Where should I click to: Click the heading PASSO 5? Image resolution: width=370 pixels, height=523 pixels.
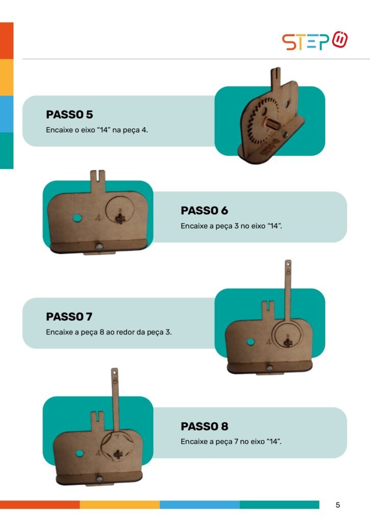tap(69, 114)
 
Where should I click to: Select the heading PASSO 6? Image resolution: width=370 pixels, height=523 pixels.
tap(204, 210)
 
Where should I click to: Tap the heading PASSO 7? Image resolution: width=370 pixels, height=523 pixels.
tap(69, 317)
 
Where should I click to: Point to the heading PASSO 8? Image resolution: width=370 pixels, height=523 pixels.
tap(204, 426)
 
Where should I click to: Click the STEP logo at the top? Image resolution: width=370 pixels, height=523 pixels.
tap(315, 41)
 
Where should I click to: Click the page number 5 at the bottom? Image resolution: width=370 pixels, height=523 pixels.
tap(338, 505)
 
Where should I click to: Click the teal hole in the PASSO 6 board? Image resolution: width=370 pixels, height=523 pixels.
tap(77, 218)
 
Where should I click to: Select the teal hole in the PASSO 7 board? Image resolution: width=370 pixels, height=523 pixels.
tap(251, 342)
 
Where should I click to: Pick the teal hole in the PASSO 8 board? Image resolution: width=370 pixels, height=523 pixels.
tap(79, 454)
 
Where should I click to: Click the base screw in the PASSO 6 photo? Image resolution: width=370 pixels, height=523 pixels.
tap(99, 247)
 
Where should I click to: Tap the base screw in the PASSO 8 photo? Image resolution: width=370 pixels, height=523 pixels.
tap(99, 479)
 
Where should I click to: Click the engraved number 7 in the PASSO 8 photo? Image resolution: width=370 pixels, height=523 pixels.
tap(117, 436)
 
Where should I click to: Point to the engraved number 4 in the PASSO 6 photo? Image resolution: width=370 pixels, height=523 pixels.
tap(98, 218)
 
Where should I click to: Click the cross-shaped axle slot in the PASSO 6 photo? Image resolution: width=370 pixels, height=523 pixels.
tap(119, 218)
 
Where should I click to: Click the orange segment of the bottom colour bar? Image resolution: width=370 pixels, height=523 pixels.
tap(40, 505)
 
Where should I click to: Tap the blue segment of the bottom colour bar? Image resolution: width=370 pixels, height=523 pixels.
tap(200, 505)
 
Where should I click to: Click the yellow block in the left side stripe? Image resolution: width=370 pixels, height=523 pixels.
tap(7, 78)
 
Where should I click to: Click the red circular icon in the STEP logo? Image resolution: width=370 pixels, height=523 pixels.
tap(340, 39)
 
